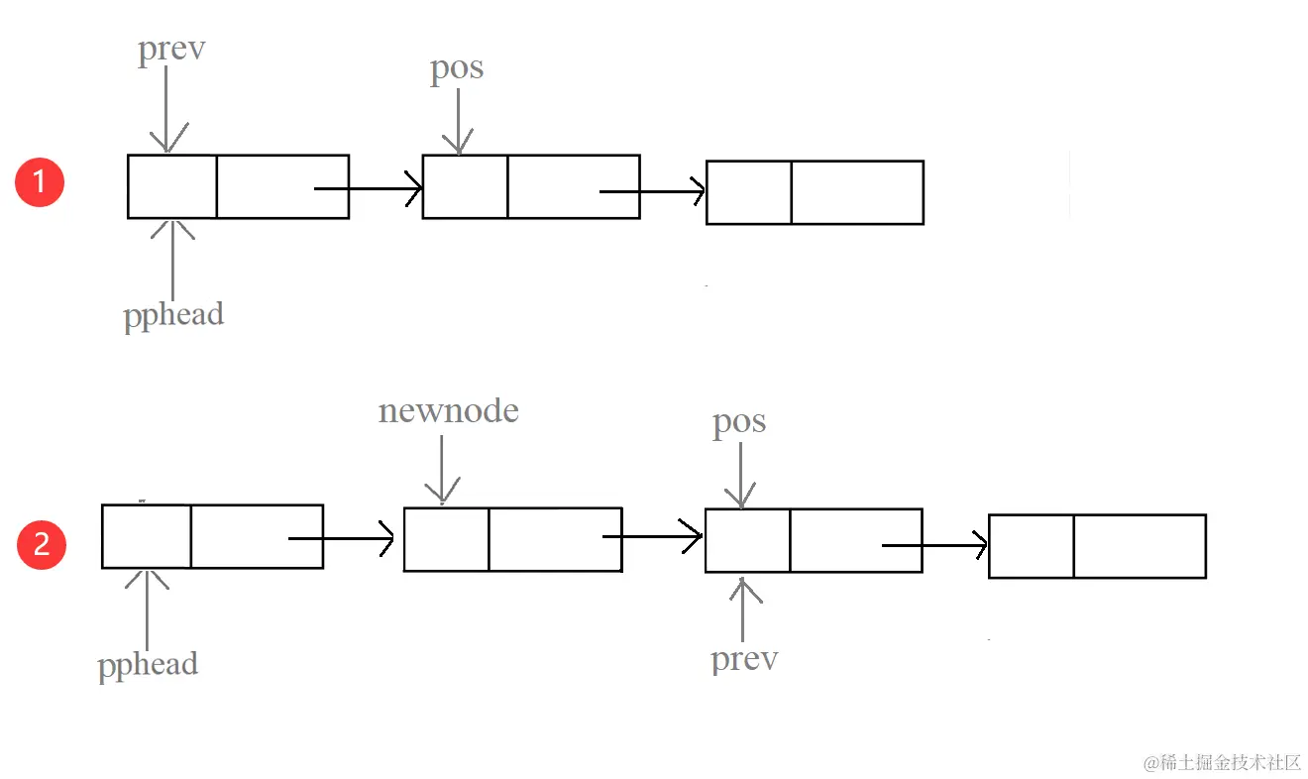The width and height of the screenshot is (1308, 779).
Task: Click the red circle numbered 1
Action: click(x=40, y=182)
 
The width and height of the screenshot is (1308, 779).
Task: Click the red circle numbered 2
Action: click(x=42, y=545)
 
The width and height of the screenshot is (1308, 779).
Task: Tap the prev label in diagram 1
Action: click(x=171, y=50)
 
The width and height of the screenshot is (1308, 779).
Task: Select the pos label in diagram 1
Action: click(x=457, y=68)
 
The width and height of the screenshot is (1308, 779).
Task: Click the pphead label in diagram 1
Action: click(x=173, y=314)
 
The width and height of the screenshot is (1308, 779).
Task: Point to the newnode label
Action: click(x=448, y=410)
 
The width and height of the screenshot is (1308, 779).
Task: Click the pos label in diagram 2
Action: click(x=739, y=422)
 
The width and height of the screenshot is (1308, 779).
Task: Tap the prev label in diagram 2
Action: click(x=744, y=658)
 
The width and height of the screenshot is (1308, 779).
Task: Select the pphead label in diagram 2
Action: click(x=148, y=664)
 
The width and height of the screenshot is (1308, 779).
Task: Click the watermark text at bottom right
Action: click(x=1221, y=762)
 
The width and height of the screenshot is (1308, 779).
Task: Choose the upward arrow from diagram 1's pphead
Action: click(x=173, y=258)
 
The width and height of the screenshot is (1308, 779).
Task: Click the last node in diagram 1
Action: click(x=815, y=192)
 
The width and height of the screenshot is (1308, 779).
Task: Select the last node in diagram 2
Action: click(x=1097, y=546)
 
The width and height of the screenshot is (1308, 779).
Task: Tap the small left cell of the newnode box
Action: click(x=446, y=539)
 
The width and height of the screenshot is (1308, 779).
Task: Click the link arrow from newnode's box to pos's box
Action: click(x=654, y=537)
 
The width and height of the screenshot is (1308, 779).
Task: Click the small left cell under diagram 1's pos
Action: click(x=465, y=186)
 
